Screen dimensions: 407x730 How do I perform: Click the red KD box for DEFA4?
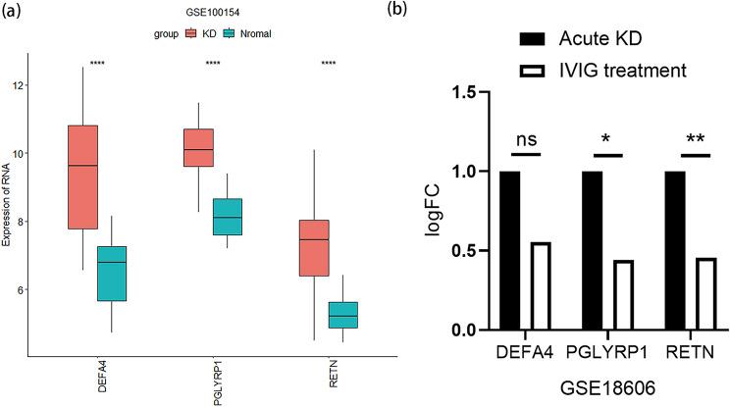coord(82,177)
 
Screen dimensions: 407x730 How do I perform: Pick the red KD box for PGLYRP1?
coord(199,147)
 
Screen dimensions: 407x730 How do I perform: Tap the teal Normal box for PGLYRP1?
coord(247,217)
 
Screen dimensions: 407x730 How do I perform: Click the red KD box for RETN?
coord(315,248)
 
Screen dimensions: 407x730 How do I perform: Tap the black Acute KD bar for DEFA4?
coord(510,250)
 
